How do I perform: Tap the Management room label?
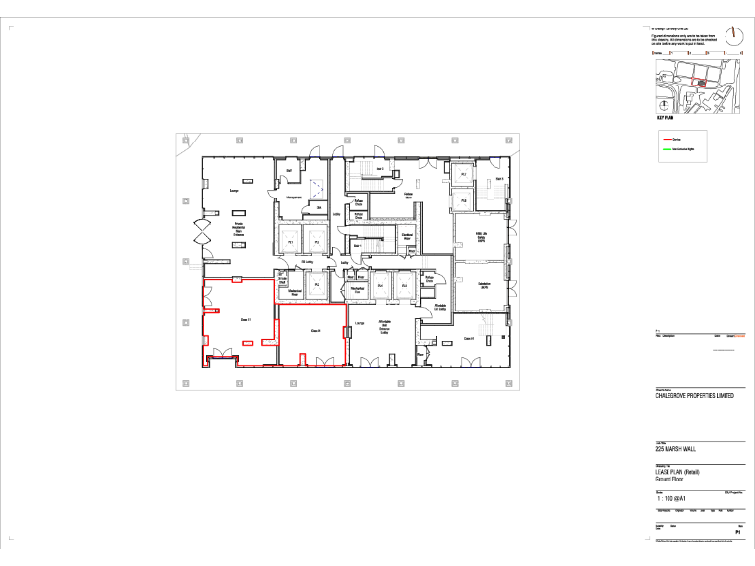tap(292, 198)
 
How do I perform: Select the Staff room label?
tap(289, 171)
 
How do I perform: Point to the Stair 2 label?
tap(379, 168)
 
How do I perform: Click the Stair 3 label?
tap(499, 178)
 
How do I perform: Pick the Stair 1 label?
tap(358, 246)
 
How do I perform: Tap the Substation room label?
tap(484, 285)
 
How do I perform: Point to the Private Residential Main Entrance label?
tap(238, 229)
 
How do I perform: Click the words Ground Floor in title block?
tap(671, 479)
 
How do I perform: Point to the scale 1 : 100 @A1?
tap(671, 499)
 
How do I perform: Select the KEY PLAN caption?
tap(665, 117)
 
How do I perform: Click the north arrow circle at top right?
tap(733, 35)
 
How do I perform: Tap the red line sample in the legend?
tap(667, 141)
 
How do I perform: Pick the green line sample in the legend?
tap(667, 150)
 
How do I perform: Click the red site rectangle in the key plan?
tap(700, 83)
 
